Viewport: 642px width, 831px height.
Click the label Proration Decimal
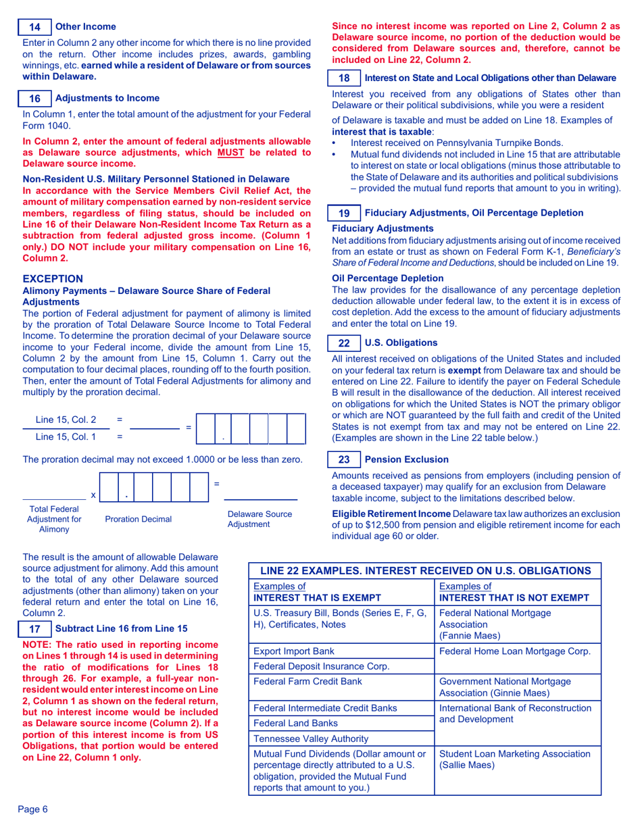click(x=139, y=518)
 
